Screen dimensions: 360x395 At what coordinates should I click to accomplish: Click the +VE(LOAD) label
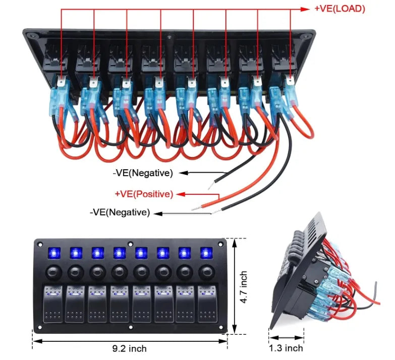(x=339, y=9)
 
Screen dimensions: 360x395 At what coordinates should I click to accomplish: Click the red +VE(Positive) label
(x=144, y=194)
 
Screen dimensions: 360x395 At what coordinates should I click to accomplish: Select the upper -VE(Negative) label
(x=143, y=173)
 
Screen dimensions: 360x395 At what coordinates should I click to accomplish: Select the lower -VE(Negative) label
(x=120, y=213)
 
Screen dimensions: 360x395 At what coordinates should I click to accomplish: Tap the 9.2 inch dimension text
(x=130, y=349)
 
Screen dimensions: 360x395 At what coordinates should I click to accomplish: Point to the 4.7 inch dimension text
(x=244, y=286)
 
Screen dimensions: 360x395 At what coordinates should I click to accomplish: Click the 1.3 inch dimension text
(x=286, y=348)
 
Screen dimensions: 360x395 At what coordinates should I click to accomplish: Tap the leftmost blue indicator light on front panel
(x=52, y=252)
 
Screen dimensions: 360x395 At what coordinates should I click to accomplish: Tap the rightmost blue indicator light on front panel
(x=206, y=252)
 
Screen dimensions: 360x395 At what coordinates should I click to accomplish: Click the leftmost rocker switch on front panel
(x=53, y=304)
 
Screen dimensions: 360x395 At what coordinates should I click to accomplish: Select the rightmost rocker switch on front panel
(x=206, y=304)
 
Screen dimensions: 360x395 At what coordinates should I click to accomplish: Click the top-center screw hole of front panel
(x=130, y=243)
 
